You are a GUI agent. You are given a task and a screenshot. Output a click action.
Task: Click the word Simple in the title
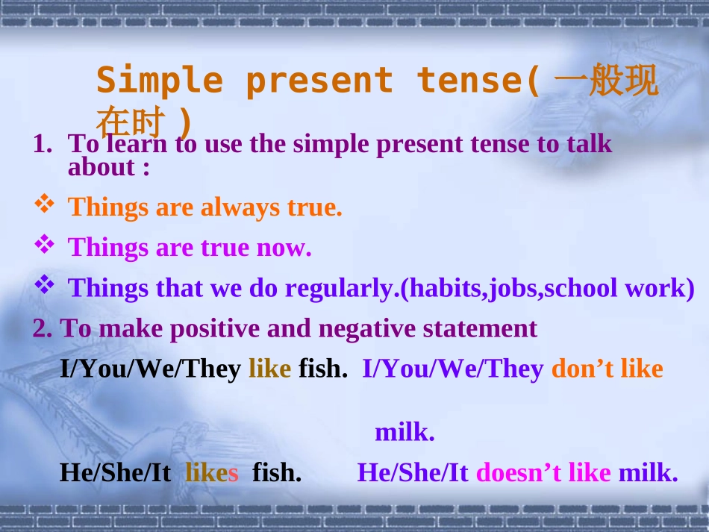point(160,81)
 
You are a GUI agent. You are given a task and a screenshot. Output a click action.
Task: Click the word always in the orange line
point(240,207)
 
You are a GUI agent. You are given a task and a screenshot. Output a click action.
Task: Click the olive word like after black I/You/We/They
point(269,369)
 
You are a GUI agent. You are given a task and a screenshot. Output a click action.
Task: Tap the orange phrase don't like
point(607,369)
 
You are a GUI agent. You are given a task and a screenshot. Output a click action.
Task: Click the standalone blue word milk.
point(405,432)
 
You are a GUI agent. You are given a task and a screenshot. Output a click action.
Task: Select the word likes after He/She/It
point(212,472)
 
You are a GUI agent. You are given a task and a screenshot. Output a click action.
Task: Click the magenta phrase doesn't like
point(543,472)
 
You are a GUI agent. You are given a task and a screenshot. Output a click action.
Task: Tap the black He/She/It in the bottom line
point(116,472)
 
